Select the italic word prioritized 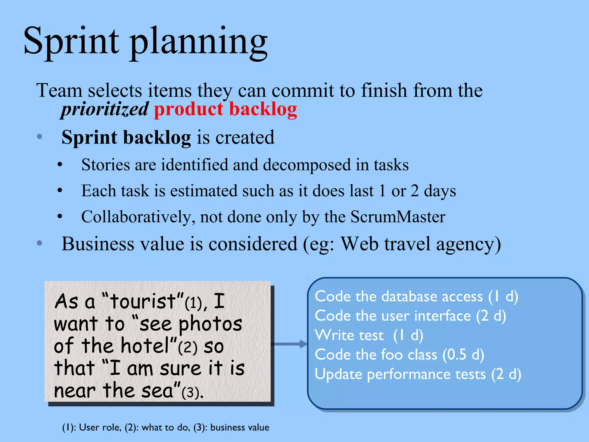point(105,109)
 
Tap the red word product point(189,109)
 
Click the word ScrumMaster point(398,217)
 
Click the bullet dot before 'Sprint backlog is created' point(40,137)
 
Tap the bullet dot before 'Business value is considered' point(40,243)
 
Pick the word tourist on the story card point(143,302)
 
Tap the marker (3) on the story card point(190,392)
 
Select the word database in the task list point(431,296)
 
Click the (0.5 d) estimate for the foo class point(463,355)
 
